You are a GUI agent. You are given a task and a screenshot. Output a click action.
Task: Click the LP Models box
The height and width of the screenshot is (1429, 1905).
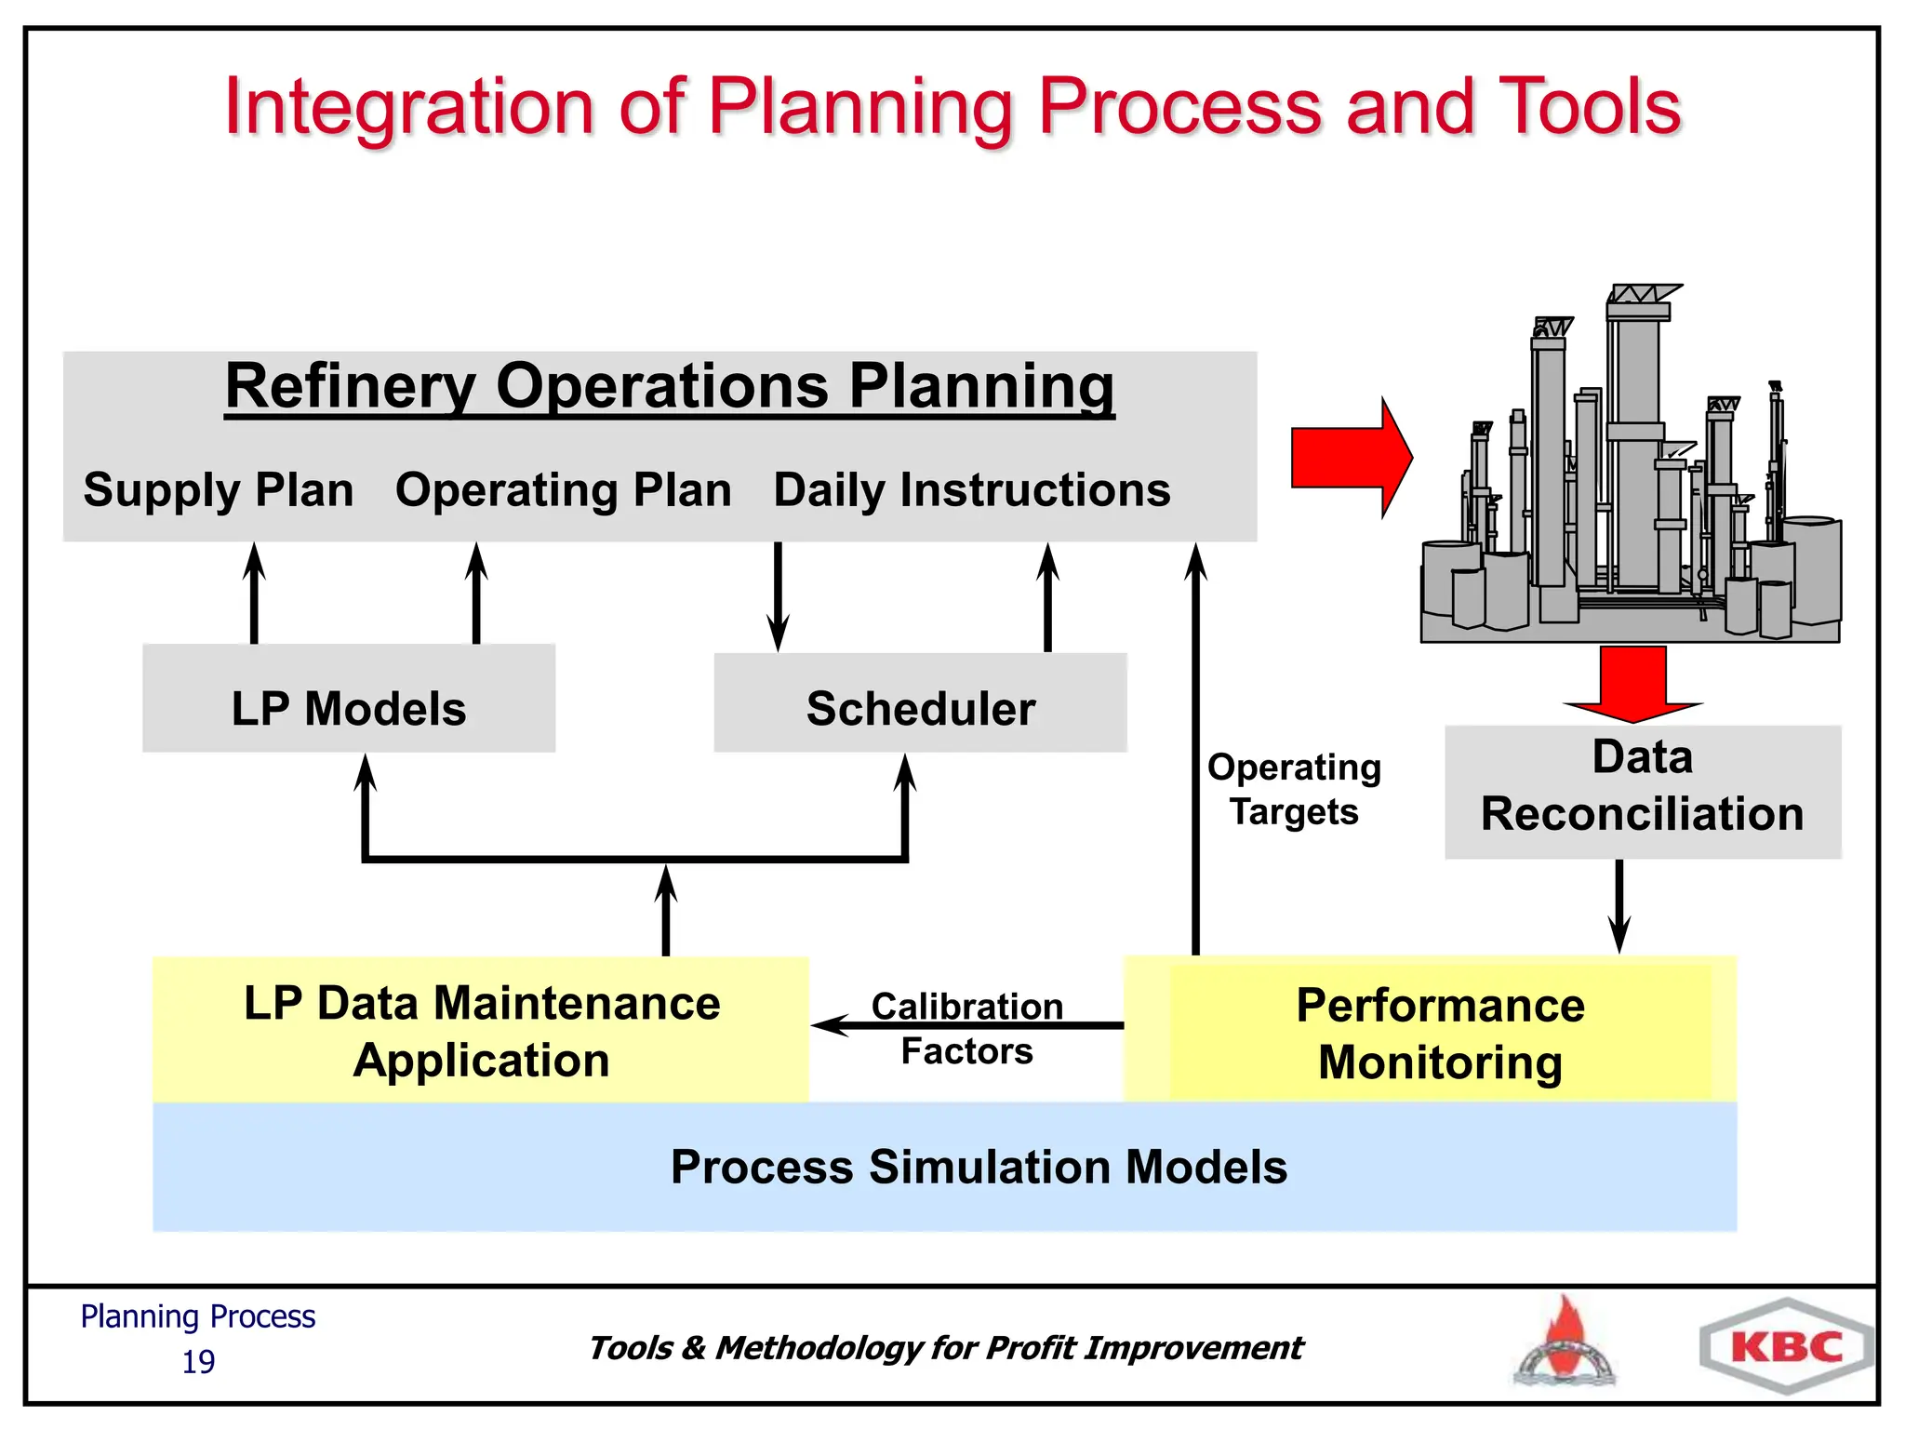349,699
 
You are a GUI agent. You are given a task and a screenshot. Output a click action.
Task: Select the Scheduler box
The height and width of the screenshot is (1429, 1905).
920,703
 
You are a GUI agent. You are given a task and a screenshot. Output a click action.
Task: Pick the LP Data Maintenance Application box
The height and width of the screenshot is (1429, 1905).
481,1030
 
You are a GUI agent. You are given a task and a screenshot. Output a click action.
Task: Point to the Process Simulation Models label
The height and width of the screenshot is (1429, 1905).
979,1167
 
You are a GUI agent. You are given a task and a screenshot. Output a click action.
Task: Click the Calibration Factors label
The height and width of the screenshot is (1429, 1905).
967,1029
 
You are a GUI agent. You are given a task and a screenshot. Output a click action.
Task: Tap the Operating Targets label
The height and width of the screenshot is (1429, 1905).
1294,789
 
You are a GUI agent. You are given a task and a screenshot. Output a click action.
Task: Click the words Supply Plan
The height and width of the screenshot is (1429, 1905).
219,489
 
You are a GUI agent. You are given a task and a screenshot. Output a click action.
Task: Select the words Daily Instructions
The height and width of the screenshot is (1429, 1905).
972,489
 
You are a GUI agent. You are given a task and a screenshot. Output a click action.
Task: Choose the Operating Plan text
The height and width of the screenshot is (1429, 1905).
564,489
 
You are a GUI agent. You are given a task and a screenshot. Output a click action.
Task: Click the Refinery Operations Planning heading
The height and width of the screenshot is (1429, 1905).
670,385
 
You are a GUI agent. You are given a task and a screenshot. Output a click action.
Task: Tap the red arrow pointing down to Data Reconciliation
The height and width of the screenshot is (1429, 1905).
1632,684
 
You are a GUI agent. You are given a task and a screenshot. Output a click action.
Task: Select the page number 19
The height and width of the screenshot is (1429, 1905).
198,1362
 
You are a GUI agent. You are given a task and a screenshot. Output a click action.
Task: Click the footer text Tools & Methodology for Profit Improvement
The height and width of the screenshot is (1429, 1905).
945,1347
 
